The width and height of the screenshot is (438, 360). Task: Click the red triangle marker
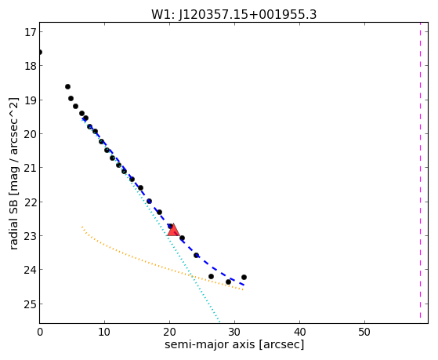(x=173, y=230)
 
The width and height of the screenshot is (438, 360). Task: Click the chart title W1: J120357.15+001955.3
(x=233, y=14)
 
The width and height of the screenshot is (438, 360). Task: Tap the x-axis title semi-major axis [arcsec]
(x=234, y=344)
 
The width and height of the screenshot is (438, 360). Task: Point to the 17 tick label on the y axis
(x=31, y=32)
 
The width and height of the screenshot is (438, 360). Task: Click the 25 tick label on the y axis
(x=31, y=304)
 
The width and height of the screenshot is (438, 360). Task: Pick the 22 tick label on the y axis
(x=31, y=202)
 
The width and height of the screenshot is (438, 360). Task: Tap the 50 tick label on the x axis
(x=364, y=333)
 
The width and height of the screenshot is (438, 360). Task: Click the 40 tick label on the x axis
(x=299, y=333)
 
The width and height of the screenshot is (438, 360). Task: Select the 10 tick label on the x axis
(x=104, y=333)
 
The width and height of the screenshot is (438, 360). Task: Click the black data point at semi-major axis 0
(x=40, y=53)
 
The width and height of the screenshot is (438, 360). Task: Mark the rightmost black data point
(x=244, y=277)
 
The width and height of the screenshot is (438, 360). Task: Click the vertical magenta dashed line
(x=420, y=170)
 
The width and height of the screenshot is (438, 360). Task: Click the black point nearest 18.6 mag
(x=67, y=87)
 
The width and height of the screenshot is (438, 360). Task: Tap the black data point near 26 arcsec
(x=211, y=277)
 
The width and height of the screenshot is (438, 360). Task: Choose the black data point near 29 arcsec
(x=228, y=282)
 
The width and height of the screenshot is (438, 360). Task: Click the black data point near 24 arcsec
(x=196, y=255)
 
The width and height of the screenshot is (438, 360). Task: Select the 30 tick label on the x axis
(x=234, y=333)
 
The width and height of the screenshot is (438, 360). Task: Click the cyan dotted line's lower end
(x=220, y=322)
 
